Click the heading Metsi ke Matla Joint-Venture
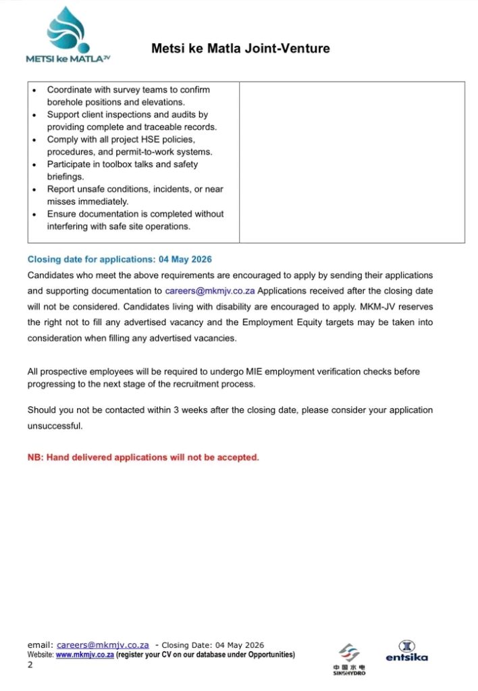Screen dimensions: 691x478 pyautogui.click(x=240, y=49)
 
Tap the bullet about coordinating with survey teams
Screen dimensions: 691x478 pyautogui.click(x=128, y=96)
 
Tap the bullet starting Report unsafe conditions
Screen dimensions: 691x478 pyautogui.click(x=135, y=196)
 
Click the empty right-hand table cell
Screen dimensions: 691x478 pyautogui.click(x=352, y=162)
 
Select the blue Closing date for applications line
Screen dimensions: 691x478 pyautogui.click(x=120, y=260)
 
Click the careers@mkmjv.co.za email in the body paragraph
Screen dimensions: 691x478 pyautogui.click(x=210, y=292)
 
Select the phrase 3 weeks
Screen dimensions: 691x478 pyautogui.click(x=192, y=410)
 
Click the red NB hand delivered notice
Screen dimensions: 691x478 pyautogui.click(x=143, y=458)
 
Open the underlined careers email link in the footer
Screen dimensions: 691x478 pyautogui.click(x=103, y=645)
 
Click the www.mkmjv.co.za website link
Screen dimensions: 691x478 pyautogui.click(x=84, y=655)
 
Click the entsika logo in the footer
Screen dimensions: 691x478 pyautogui.click(x=406, y=651)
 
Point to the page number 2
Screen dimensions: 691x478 pyautogui.click(x=30, y=665)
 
